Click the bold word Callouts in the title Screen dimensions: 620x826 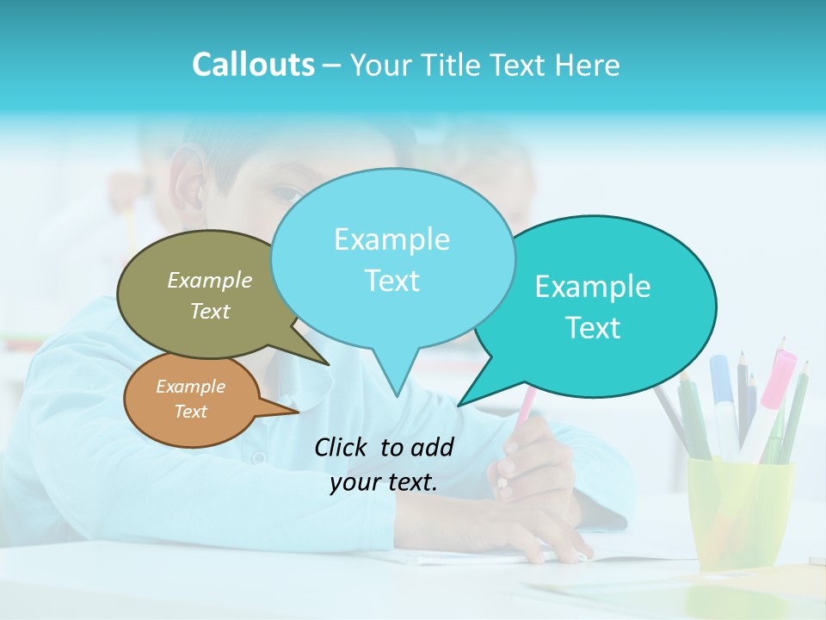pos(253,65)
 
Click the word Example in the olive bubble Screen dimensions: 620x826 pos(210,280)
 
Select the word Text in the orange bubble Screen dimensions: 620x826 pos(191,412)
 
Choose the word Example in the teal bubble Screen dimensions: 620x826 pos(593,287)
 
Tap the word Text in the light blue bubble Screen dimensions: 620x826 pos(392,281)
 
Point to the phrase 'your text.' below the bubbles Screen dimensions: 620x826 pos(384,482)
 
